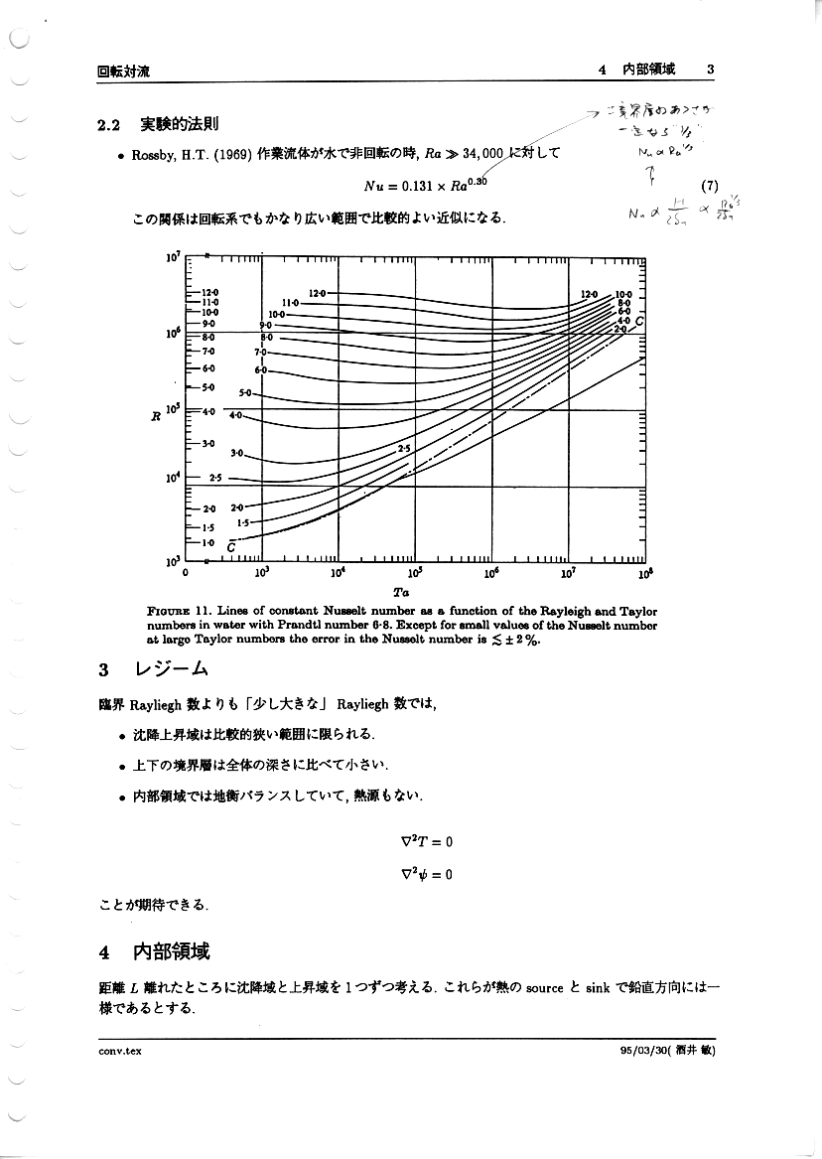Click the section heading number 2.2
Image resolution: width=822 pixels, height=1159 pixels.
click(108, 125)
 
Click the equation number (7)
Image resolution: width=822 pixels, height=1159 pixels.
click(709, 185)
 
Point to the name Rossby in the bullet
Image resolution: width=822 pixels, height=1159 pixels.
click(152, 154)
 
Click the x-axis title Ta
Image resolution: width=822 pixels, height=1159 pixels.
click(414, 592)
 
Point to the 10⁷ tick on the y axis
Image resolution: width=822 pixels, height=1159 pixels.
click(172, 258)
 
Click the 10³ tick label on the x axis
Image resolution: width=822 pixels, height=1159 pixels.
click(262, 574)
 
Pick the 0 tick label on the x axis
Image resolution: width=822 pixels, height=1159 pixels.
click(186, 573)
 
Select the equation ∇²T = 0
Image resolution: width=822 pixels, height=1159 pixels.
click(426, 841)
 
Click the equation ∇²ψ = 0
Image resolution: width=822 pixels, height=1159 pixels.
click(426, 874)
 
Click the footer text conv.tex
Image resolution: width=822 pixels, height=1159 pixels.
click(113, 1052)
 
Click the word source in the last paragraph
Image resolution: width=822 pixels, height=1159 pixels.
click(545, 988)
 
